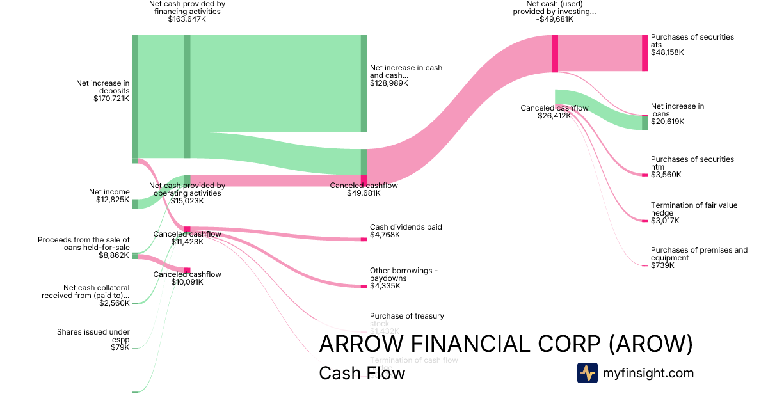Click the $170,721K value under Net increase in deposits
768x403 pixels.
pyautogui.click(x=111, y=99)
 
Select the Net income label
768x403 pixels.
pyautogui.click(x=109, y=192)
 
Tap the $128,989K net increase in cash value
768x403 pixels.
pyautogui.click(x=389, y=83)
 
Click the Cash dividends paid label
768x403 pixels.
pyautogui.click(x=406, y=227)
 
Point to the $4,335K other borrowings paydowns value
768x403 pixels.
pyautogui.click(x=385, y=286)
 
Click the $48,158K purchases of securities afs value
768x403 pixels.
pyautogui.click(x=668, y=52)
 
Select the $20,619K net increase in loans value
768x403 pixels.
pyautogui.click(x=668, y=122)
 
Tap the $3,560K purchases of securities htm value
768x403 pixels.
pyautogui.click(x=666, y=175)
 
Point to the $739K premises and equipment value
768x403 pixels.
pyautogui.click(x=662, y=265)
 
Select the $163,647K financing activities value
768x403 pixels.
pyautogui.click(x=187, y=19)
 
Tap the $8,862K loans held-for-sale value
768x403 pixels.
pyautogui.click(x=115, y=255)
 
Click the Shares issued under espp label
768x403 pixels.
pyautogui.click(x=93, y=336)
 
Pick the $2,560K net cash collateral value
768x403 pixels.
pyautogui.click(x=115, y=303)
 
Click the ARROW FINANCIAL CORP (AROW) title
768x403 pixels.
pyautogui.click(x=506, y=344)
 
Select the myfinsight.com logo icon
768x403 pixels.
pyautogui.click(x=587, y=373)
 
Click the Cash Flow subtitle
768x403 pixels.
pyautogui.click(x=362, y=373)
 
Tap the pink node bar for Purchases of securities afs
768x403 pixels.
pyautogui.click(x=645, y=53)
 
